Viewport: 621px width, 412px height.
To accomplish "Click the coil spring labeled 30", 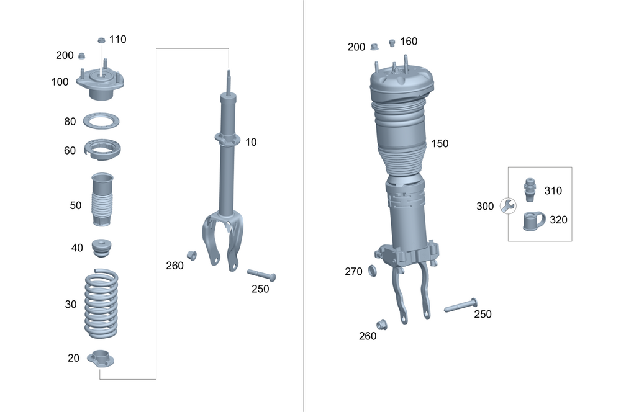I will coord(101,304).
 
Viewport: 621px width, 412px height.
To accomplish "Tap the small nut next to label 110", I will coord(101,40).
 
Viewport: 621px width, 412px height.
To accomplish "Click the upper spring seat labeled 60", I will coord(101,150).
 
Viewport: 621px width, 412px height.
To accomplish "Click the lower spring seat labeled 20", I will coord(101,359).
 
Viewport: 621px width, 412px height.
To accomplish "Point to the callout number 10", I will coord(250,142).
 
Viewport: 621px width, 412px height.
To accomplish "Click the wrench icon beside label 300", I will coord(507,205).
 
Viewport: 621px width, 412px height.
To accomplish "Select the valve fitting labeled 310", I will coord(530,189).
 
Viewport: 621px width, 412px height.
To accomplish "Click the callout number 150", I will coord(440,143).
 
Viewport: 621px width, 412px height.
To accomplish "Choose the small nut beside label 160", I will coord(392,42).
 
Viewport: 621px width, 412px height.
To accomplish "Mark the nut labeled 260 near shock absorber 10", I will coord(192,255).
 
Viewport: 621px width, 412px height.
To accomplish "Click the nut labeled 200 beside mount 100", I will coord(81,56).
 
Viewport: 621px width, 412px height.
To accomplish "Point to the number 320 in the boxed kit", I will coord(558,220).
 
